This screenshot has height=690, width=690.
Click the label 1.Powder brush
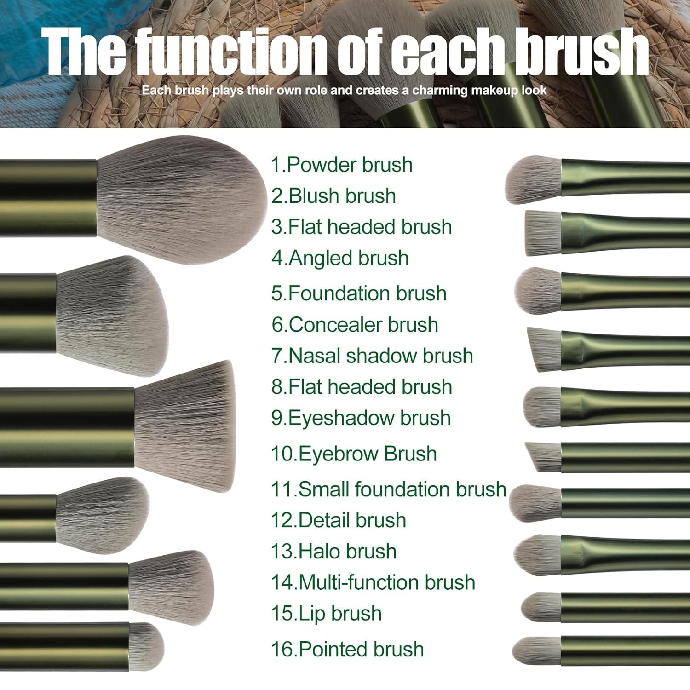click(341, 165)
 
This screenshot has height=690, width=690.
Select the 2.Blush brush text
click(333, 196)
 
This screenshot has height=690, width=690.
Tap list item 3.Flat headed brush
click(362, 227)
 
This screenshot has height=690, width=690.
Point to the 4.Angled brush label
click(340, 259)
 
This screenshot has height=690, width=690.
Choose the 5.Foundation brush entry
click(359, 293)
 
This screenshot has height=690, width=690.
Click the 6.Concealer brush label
click(355, 325)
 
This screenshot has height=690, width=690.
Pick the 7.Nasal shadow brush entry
click(372, 356)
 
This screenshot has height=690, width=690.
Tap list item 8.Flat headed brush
click(362, 387)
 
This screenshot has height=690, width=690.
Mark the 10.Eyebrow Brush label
click(354, 454)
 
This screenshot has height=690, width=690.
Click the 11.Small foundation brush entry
click(389, 489)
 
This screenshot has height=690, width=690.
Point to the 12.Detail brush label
click(339, 520)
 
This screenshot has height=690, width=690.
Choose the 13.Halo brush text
click(333, 551)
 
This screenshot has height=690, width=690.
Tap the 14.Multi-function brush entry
click(373, 582)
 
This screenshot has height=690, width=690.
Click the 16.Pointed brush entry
click(347, 649)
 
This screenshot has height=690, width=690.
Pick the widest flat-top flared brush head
click(185, 425)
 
